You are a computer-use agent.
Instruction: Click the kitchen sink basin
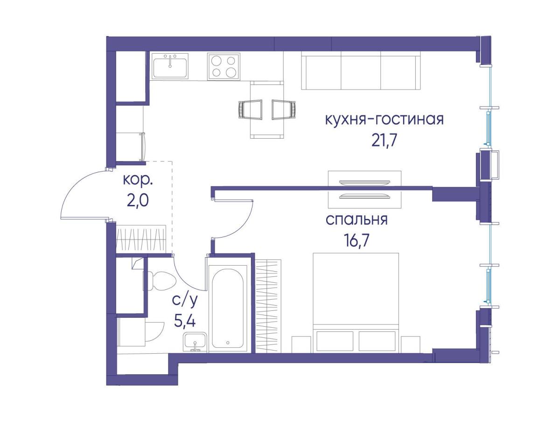pos(170,66)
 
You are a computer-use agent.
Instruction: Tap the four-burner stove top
pos(224,67)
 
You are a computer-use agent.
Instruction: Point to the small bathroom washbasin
pos(195,342)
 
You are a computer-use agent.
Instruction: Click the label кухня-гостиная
pos(384,119)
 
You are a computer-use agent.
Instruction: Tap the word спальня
pos(357,220)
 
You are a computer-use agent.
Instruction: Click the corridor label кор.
pos(138,180)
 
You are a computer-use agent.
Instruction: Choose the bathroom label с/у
pos(184,302)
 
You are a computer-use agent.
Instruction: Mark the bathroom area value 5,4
pos(184,321)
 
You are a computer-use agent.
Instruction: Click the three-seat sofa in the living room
pos(360,70)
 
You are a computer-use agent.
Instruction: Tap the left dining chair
pos(250,110)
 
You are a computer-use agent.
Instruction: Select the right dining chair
pos(284,110)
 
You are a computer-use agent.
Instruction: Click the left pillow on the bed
pos(335,341)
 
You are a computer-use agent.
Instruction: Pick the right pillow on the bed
pos(377,341)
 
